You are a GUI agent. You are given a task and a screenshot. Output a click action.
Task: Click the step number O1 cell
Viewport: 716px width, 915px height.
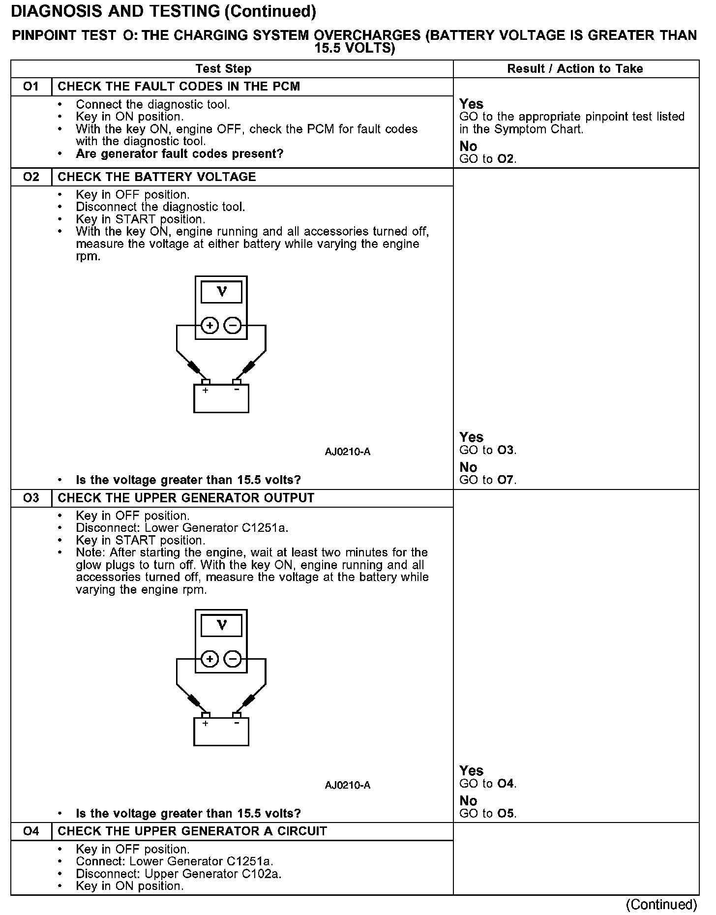click(31, 87)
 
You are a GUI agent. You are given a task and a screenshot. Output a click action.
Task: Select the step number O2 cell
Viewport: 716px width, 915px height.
click(31, 177)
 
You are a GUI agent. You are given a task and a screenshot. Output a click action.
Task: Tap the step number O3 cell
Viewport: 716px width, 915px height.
click(31, 498)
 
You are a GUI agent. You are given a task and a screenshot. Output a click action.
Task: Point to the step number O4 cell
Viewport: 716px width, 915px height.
click(31, 831)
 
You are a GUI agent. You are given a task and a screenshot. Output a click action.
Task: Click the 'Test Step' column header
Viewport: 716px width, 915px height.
click(223, 69)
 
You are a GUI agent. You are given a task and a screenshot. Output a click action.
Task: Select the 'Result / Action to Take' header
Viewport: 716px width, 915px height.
click(575, 69)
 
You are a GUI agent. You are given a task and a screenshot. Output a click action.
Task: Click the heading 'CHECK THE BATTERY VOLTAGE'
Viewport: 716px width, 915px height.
click(157, 177)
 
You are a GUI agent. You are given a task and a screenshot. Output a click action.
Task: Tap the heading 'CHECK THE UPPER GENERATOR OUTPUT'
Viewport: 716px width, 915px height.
click(186, 498)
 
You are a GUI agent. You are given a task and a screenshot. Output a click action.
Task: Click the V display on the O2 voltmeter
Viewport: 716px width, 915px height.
click(221, 292)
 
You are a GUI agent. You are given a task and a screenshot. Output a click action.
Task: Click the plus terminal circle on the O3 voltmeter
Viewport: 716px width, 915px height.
click(210, 659)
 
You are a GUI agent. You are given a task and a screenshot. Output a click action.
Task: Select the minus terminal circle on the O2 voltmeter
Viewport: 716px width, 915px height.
click(233, 325)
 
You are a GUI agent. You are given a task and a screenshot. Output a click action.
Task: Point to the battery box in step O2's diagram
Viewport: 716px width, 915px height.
click(221, 399)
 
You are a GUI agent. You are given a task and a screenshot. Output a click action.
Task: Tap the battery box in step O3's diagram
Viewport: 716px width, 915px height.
click(221, 732)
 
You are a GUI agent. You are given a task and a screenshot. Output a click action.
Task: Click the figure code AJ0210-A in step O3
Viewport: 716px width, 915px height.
click(347, 785)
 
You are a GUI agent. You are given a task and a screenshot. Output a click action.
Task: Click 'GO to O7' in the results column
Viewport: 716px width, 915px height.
click(488, 480)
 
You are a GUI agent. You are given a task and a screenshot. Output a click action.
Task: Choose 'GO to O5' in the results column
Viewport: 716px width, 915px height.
click(488, 814)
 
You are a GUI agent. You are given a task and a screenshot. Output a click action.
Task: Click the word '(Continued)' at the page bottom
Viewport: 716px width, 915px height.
click(661, 904)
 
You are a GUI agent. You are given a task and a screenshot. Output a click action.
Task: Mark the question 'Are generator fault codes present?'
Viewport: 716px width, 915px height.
click(179, 154)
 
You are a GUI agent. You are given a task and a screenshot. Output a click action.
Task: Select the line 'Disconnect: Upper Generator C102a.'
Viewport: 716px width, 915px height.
click(179, 874)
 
